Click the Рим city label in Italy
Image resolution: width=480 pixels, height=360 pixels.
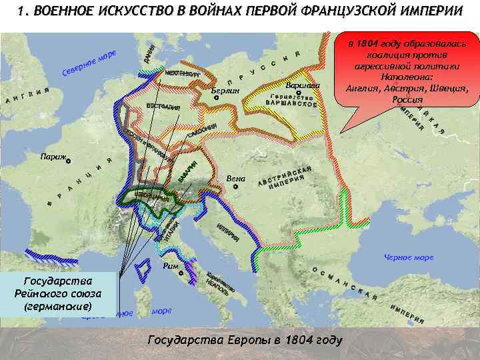[171, 267]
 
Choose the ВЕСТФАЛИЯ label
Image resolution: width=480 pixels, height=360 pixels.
[163, 107]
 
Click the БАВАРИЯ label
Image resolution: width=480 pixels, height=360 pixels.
[187, 174]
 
